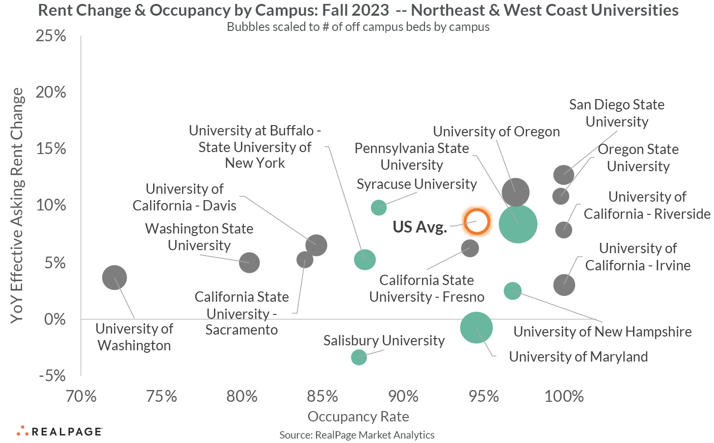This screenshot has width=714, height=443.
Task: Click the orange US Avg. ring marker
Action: [476, 222]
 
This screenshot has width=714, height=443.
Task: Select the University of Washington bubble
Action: [114, 278]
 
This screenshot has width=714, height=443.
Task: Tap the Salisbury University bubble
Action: [359, 357]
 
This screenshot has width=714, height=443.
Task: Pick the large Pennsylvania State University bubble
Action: [518, 224]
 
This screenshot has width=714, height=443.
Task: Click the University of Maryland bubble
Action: [476, 328]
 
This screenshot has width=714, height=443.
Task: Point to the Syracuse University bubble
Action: [378, 208]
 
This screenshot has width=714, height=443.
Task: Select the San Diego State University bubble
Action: [564, 174]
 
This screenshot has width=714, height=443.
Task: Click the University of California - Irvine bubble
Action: [564, 285]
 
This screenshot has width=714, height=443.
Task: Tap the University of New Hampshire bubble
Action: [512, 290]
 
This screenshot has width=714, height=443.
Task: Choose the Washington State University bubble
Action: [249, 262]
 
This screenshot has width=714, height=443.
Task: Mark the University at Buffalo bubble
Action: [365, 260]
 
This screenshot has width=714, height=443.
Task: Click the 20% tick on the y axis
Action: [51, 92]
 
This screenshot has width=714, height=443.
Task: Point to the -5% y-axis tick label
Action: [52, 376]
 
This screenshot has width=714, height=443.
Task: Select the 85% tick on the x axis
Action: [322, 396]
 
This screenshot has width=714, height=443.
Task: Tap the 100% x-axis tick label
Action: [564, 396]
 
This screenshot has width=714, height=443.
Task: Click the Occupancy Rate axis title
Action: [358, 417]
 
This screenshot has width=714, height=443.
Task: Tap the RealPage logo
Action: [59, 431]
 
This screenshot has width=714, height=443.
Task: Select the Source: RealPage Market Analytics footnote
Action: [357, 435]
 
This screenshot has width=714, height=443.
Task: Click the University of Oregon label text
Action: [496, 131]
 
